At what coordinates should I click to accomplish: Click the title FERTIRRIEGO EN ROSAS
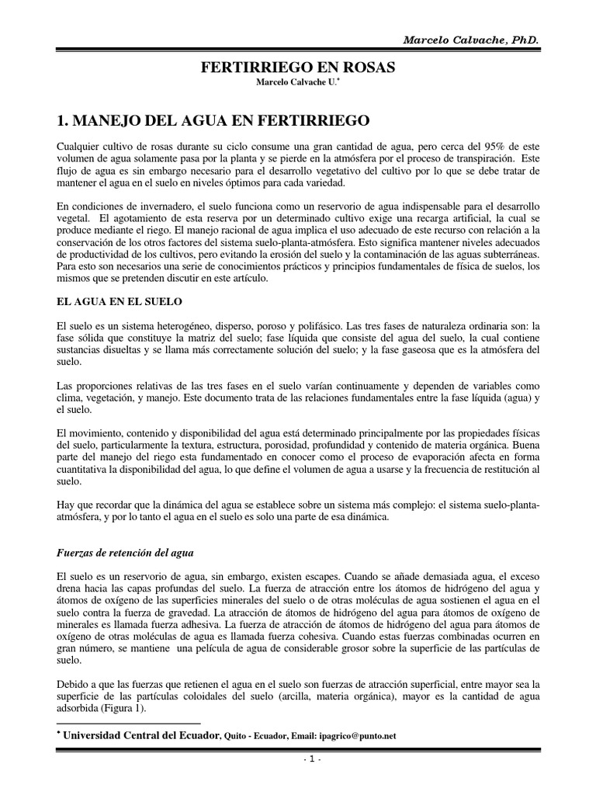click(x=298, y=68)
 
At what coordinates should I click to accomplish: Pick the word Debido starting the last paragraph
click(x=74, y=684)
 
